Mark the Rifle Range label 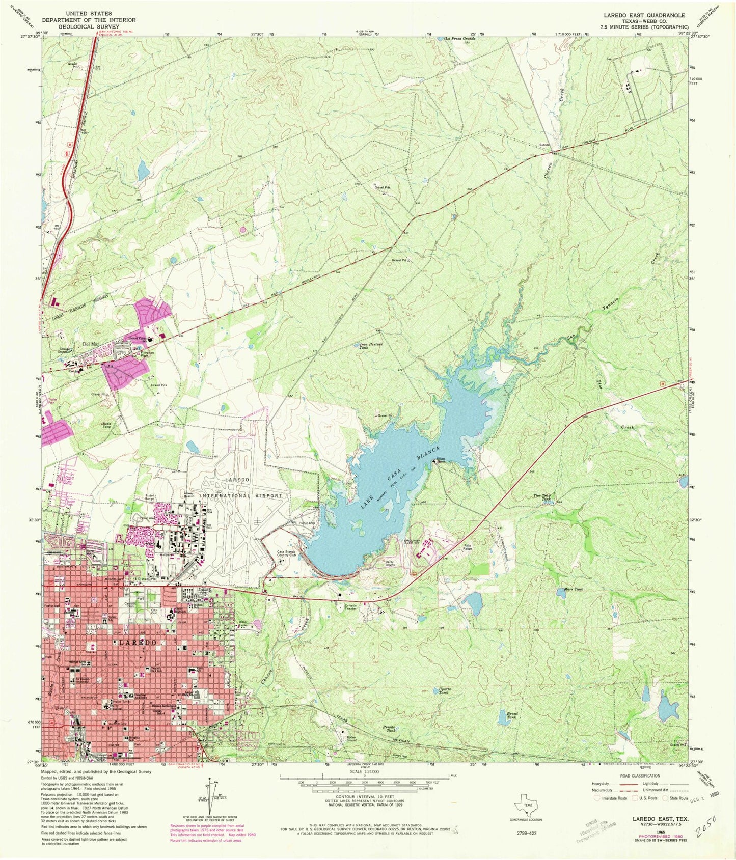click(468, 548)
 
